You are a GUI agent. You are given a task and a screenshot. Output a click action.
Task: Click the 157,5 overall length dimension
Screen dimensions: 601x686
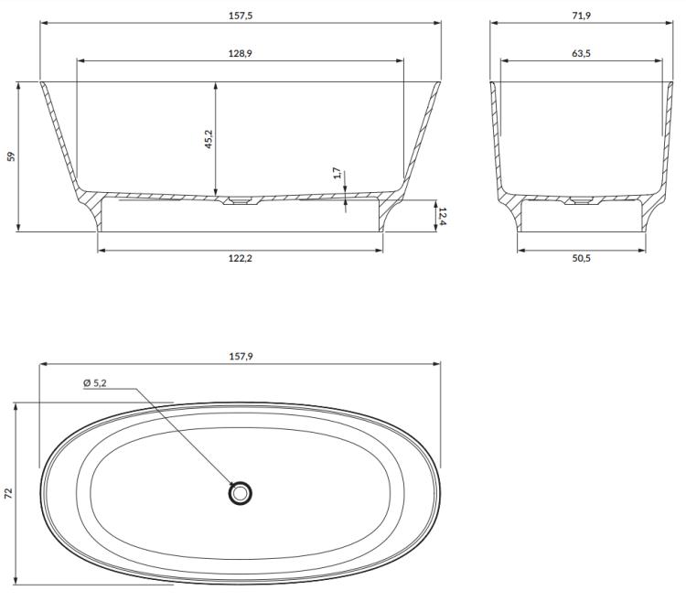click(239, 15)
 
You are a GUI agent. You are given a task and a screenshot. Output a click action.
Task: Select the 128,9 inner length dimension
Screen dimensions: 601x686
click(239, 54)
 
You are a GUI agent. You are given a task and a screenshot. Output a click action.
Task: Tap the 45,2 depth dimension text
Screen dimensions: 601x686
click(209, 139)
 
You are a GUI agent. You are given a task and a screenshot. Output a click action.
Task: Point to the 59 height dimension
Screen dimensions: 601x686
click(11, 156)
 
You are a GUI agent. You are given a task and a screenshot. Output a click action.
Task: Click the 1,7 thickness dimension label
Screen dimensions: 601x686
click(337, 173)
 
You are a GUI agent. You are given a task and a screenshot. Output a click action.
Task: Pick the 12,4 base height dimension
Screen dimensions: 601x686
click(442, 216)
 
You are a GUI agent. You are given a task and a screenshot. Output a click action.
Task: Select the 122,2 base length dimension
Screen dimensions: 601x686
click(239, 259)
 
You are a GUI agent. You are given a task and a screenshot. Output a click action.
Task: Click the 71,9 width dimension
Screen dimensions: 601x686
click(581, 15)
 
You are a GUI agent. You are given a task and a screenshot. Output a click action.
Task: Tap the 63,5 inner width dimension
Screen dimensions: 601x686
click(581, 54)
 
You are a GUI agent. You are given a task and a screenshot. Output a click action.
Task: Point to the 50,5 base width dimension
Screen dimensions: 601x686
click(581, 259)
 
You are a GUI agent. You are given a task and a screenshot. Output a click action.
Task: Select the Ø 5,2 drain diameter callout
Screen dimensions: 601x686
click(95, 383)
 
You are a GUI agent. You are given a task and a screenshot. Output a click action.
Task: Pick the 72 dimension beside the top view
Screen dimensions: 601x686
click(9, 493)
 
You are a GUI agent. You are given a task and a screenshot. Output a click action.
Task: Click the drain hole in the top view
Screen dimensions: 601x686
click(240, 494)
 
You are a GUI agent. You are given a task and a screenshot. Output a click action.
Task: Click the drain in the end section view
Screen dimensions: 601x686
click(580, 199)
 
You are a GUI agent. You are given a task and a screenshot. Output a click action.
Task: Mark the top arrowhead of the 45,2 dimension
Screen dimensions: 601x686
click(216, 84)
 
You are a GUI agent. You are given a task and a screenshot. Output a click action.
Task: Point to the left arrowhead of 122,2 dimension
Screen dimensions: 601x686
click(101, 249)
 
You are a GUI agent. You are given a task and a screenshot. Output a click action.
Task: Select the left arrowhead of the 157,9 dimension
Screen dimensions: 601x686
click(42, 364)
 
